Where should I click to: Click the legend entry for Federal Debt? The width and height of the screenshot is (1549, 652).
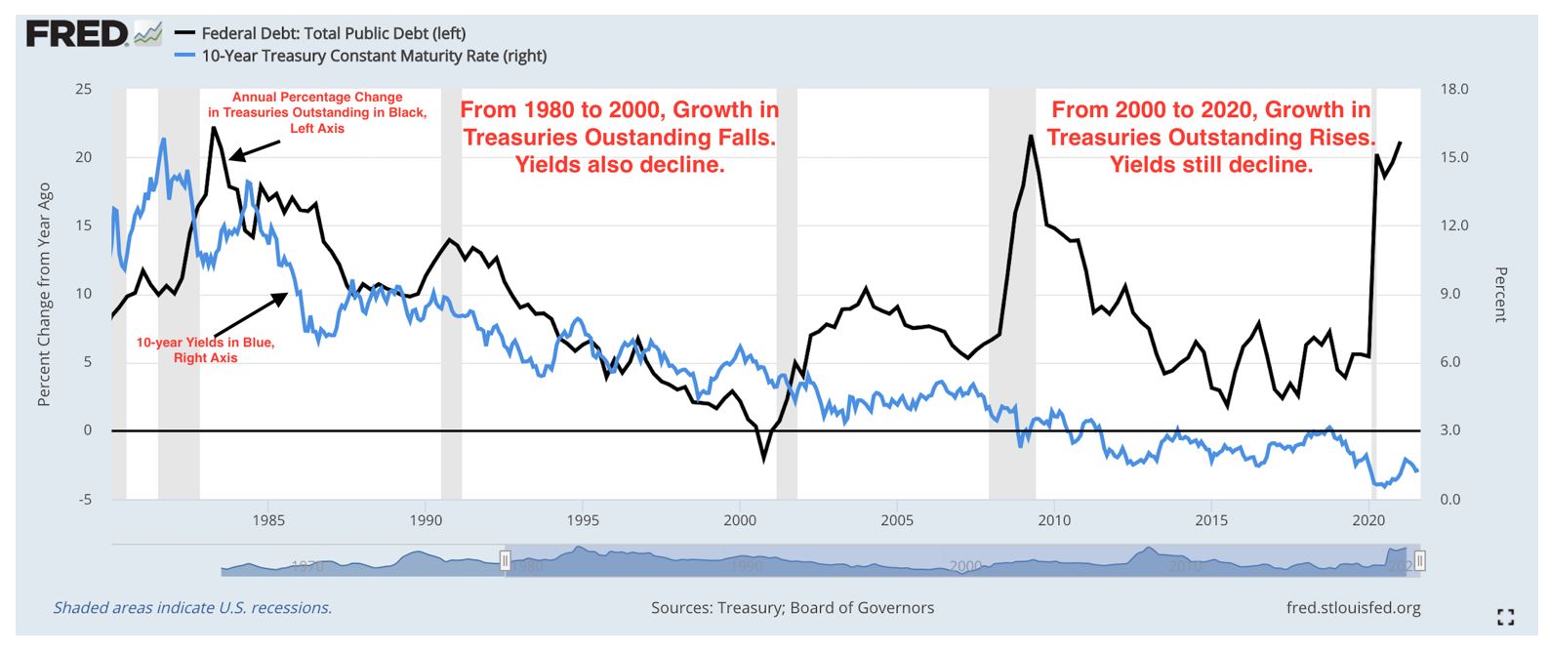(x=333, y=33)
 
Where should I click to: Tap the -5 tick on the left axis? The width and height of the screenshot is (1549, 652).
(x=85, y=499)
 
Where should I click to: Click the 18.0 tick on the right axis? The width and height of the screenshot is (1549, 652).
(x=1454, y=89)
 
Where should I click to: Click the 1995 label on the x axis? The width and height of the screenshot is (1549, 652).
(x=583, y=520)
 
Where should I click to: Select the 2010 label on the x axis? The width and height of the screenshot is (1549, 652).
(x=1054, y=520)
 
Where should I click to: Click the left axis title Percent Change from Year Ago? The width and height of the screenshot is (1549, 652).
(x=44, y=294)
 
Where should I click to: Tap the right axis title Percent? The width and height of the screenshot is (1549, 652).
(x=1500, y=294)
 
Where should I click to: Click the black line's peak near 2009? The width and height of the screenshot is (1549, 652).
(x=1031, y=136)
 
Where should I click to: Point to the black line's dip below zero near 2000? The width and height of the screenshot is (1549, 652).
(x=764, y=458)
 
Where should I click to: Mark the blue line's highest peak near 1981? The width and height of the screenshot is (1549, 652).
(x=163, y=140)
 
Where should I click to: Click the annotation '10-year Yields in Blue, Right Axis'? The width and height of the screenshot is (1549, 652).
(x=205, y=350)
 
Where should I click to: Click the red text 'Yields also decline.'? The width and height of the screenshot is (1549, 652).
(x=620, y=165)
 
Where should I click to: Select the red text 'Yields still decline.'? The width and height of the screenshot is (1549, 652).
(x=1211, y=165)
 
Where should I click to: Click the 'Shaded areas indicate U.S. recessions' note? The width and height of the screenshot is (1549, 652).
(x=192, y=607)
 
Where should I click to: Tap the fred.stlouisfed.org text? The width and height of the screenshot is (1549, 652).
(x=1353, y=607)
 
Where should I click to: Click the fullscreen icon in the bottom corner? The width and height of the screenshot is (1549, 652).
(x=1505, y=617)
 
